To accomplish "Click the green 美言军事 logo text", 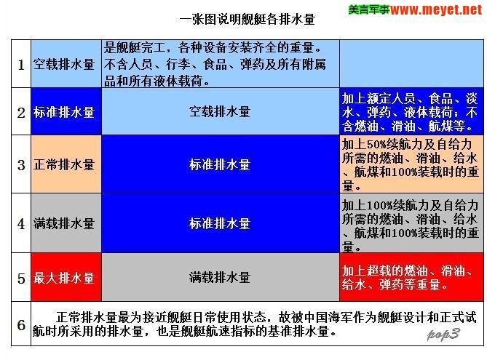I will tap(368, 10).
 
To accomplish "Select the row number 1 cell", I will tap(21, 64).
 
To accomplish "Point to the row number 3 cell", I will tap(21, 164).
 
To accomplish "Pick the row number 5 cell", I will tap(21, 277).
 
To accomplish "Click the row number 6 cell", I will tap(21, 324).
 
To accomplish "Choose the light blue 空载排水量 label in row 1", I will tap(64, 64).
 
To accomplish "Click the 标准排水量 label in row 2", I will tap(64, 113).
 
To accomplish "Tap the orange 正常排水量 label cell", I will tap(64, 164).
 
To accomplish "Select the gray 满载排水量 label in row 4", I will tap(64, 223).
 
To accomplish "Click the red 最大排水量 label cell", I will tap(64, 277).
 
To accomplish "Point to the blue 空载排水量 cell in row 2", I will tap(220, 113).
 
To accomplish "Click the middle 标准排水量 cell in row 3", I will tap(220, 164).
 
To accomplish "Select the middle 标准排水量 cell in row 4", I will tap(220, 223).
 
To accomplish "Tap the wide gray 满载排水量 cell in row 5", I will tap(220, 277).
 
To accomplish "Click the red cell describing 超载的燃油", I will tap(410, 277).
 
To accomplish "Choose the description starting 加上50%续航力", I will tap(410, 164).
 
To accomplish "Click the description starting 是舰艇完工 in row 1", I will tap(220, 64).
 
